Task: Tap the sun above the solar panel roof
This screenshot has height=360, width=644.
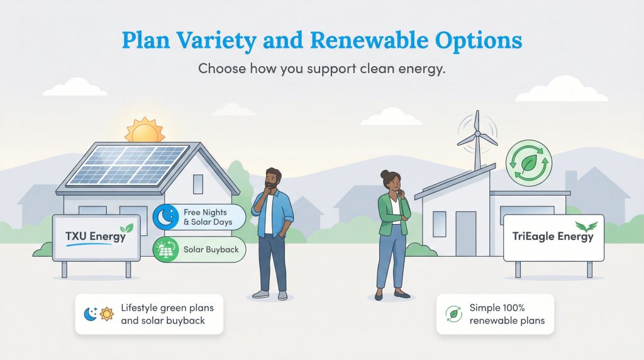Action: tap(145, 131)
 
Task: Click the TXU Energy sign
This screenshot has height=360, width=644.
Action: tap(96, 237)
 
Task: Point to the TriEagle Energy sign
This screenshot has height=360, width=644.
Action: tap(553, 237)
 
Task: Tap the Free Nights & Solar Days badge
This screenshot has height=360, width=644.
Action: tap(198, 217)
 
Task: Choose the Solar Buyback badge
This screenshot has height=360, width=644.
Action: tap(198, 249)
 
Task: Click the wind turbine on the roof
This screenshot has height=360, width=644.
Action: tap(476, 135)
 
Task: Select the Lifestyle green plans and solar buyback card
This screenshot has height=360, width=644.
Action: tap(149, 313)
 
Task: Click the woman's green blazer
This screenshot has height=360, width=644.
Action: tap(392, 211)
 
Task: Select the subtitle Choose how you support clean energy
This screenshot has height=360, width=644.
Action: tap(322, 68)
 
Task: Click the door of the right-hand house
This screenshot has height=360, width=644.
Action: tap(466, 233)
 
